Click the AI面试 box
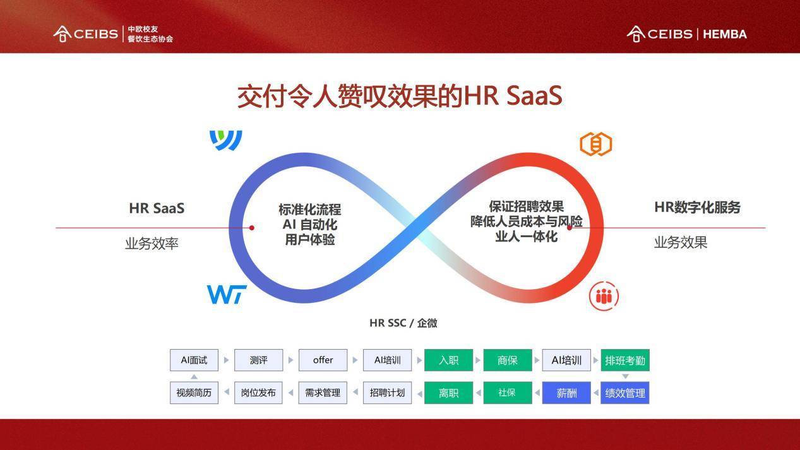coord(194,360)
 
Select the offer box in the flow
coord(323,360)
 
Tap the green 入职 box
coord(448,360)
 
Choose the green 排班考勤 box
coord(625,360)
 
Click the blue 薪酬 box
coord(566,393)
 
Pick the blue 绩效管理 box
coord(625,393)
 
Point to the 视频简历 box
coord(194,393)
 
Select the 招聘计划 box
coord(387,393)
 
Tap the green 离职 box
coord(448,393)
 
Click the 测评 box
coord(259,360)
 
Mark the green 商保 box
coord(508,360)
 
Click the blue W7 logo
coord(227,294)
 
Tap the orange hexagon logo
coord(595,144)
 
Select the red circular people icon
coord(604,296)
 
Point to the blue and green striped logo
coord(225,140)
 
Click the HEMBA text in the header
coord(725,34)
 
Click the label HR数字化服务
coord(697,208)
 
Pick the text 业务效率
coord(152,244)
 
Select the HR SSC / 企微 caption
coord(403,323)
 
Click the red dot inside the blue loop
coord(252,228)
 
